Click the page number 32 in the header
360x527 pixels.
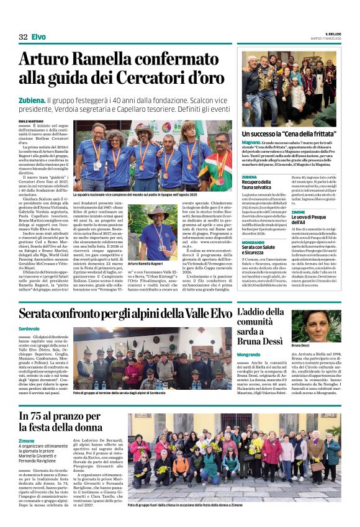coord(23,37)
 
